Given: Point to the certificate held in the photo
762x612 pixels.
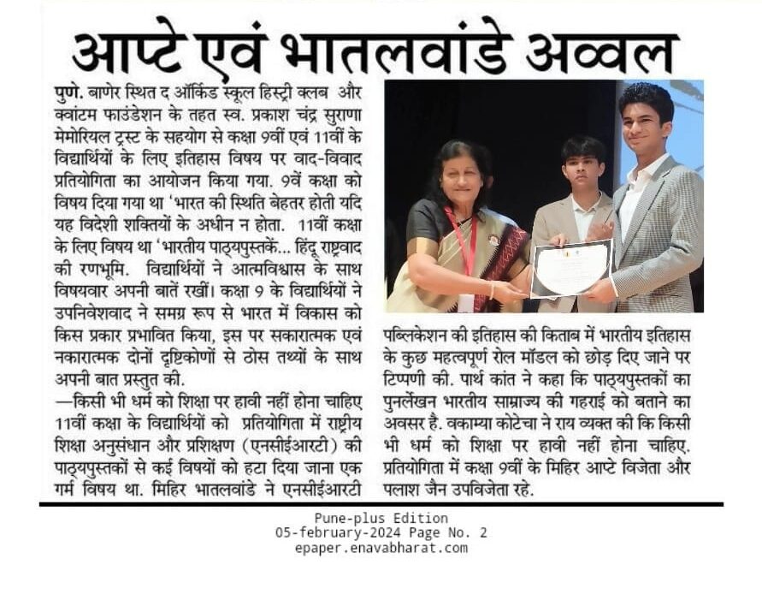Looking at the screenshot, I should (572, 268).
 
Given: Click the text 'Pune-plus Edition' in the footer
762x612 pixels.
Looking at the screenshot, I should (381, 519).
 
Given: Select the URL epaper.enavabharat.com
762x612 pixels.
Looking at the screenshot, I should (381, 548).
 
